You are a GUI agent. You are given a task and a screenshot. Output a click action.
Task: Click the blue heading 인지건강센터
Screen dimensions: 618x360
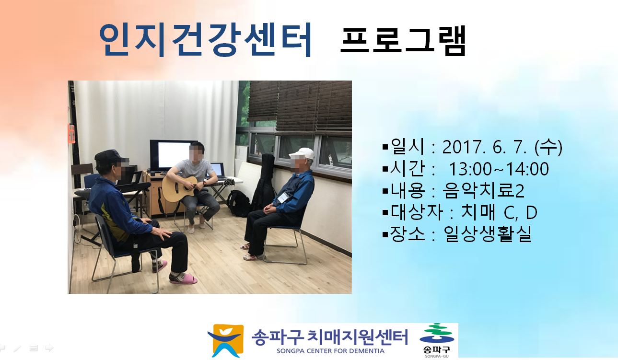pyautogui.click(x=206, y=39)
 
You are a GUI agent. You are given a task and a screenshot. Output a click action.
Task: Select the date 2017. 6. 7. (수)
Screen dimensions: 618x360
pyautogui.click(x=502, y=147)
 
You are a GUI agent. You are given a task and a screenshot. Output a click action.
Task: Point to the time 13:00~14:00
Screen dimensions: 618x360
pyautogui.click(x=499, y=169)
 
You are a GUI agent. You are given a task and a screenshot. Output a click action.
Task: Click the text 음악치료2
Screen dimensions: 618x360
pyautogui.click(x=483, y=191)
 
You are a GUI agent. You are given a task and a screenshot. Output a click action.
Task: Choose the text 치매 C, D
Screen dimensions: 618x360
pyautogui.click(x=499, y=212)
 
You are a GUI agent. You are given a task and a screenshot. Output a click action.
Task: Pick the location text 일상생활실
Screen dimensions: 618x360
pyautogui.click(x=488, y=234)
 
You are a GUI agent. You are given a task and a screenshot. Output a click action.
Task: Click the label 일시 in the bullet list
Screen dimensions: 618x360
pyautogui.click(x=407, y=146)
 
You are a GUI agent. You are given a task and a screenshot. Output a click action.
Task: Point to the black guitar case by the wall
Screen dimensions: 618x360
pyautogui.click(x=263, y=183)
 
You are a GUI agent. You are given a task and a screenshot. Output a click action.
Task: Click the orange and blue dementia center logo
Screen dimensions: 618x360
pyautogui.click(x=226, y=340)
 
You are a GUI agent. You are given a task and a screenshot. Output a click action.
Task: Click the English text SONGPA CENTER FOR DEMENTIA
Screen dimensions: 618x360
pyautogui.click(x=330, y=351)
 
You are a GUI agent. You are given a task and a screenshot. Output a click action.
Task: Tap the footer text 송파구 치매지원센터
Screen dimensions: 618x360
pyautogui.click(x=330, y=337)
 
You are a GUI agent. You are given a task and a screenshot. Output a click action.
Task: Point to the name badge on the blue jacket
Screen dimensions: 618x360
pyautogui.click(x=282, y=198)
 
